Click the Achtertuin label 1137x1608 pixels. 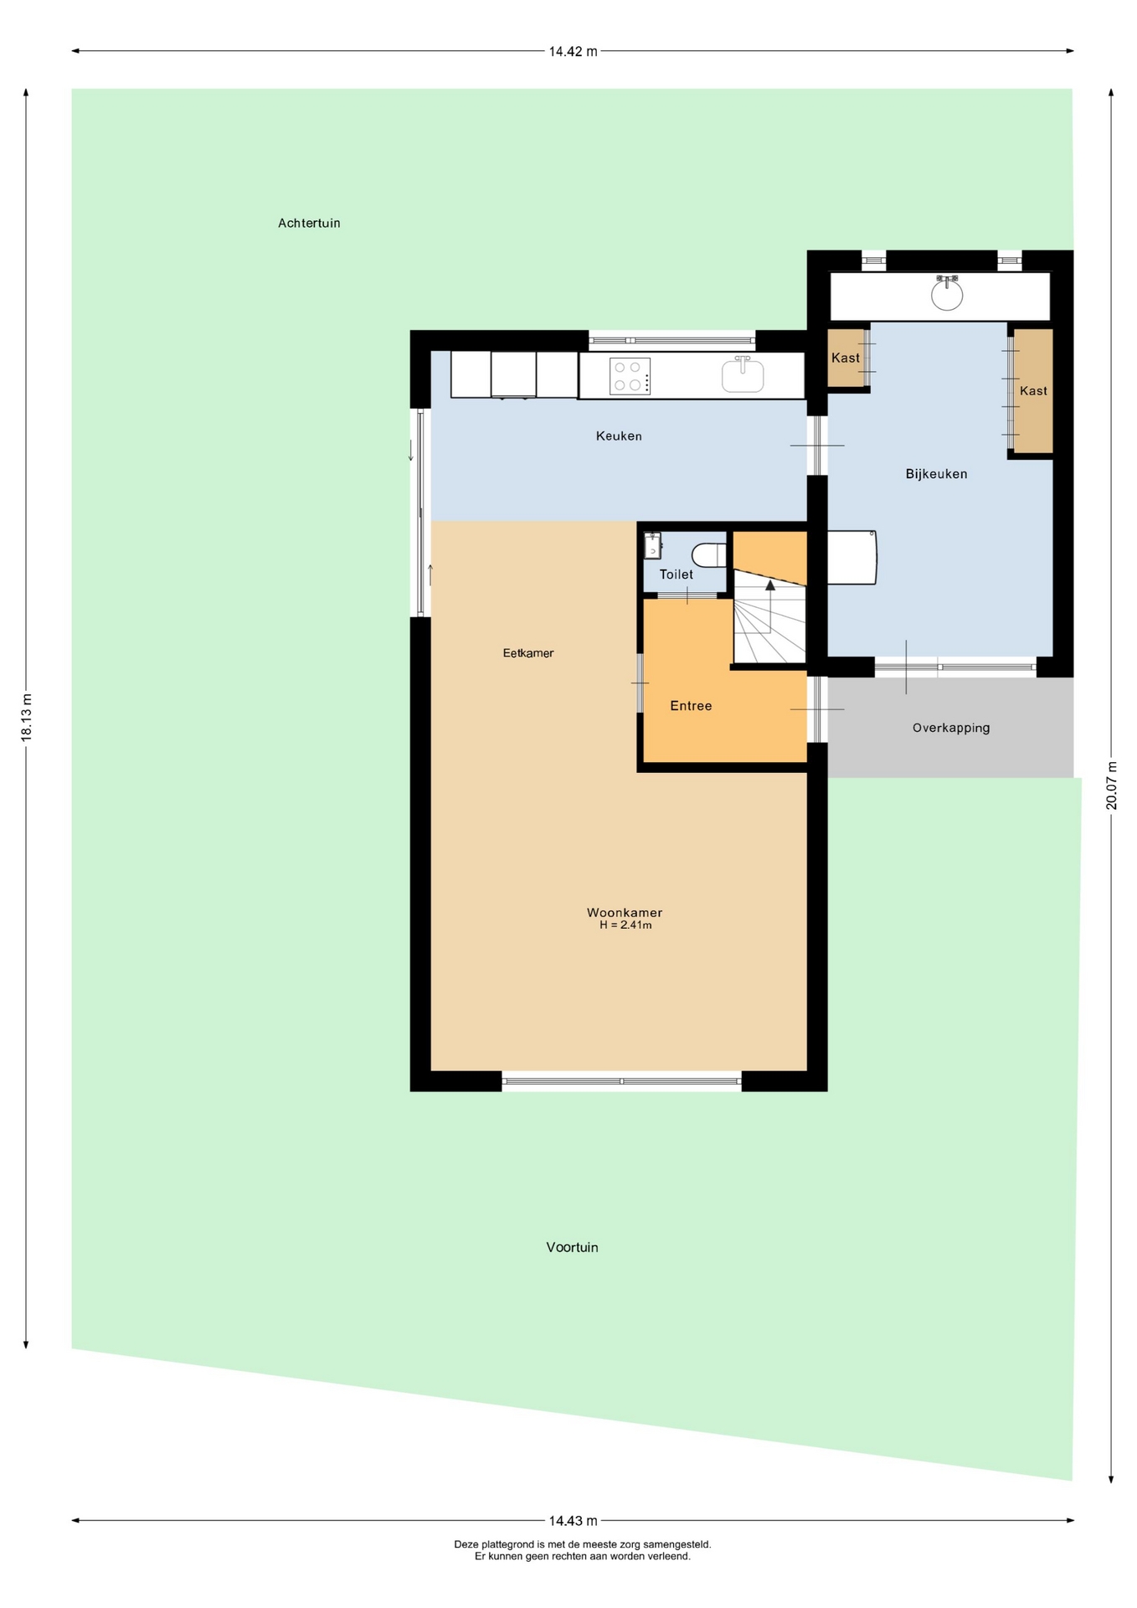309,223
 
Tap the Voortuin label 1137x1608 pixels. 572,1247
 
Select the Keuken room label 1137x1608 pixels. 619,435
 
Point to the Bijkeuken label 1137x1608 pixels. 936,474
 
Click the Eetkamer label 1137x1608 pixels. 528,653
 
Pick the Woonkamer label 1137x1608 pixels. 625,913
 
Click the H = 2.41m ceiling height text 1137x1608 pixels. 625,925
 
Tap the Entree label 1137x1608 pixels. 691,706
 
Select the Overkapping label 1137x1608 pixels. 951,728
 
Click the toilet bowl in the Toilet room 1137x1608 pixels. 709,554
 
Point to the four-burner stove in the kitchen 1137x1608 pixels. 630,376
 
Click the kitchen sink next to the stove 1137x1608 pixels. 743,374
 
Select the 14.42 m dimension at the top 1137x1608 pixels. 573,51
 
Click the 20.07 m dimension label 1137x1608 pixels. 1111,785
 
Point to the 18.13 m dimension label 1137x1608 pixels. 26,717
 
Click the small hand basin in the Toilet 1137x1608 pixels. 653,545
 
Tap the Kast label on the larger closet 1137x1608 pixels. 1033,391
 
